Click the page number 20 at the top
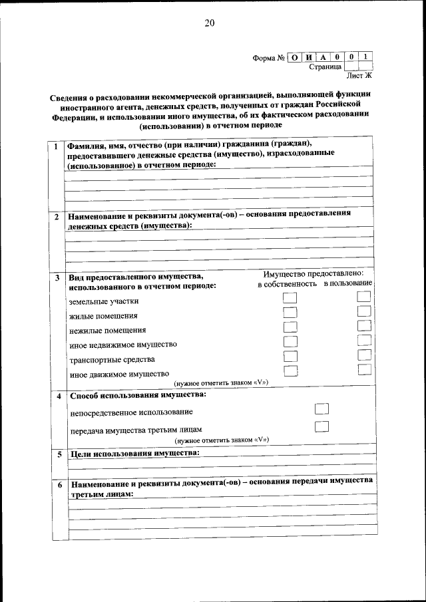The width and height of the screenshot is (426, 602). pos(210,23)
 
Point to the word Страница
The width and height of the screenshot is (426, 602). pos(325,67)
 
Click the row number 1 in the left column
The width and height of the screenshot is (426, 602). pos(57,146)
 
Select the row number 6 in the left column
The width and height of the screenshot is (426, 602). pos(58,485)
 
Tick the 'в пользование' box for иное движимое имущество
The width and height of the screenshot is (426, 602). pos(363,370)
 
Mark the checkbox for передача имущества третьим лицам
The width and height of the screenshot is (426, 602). pos(321,426)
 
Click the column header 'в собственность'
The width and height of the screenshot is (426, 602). pos(288,284)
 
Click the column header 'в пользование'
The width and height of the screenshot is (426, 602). pos(347,284)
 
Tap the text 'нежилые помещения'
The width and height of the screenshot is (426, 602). pos(107,330)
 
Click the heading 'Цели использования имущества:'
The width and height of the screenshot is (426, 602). pos(134,454)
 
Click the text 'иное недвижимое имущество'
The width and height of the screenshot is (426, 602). pos(122,345)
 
